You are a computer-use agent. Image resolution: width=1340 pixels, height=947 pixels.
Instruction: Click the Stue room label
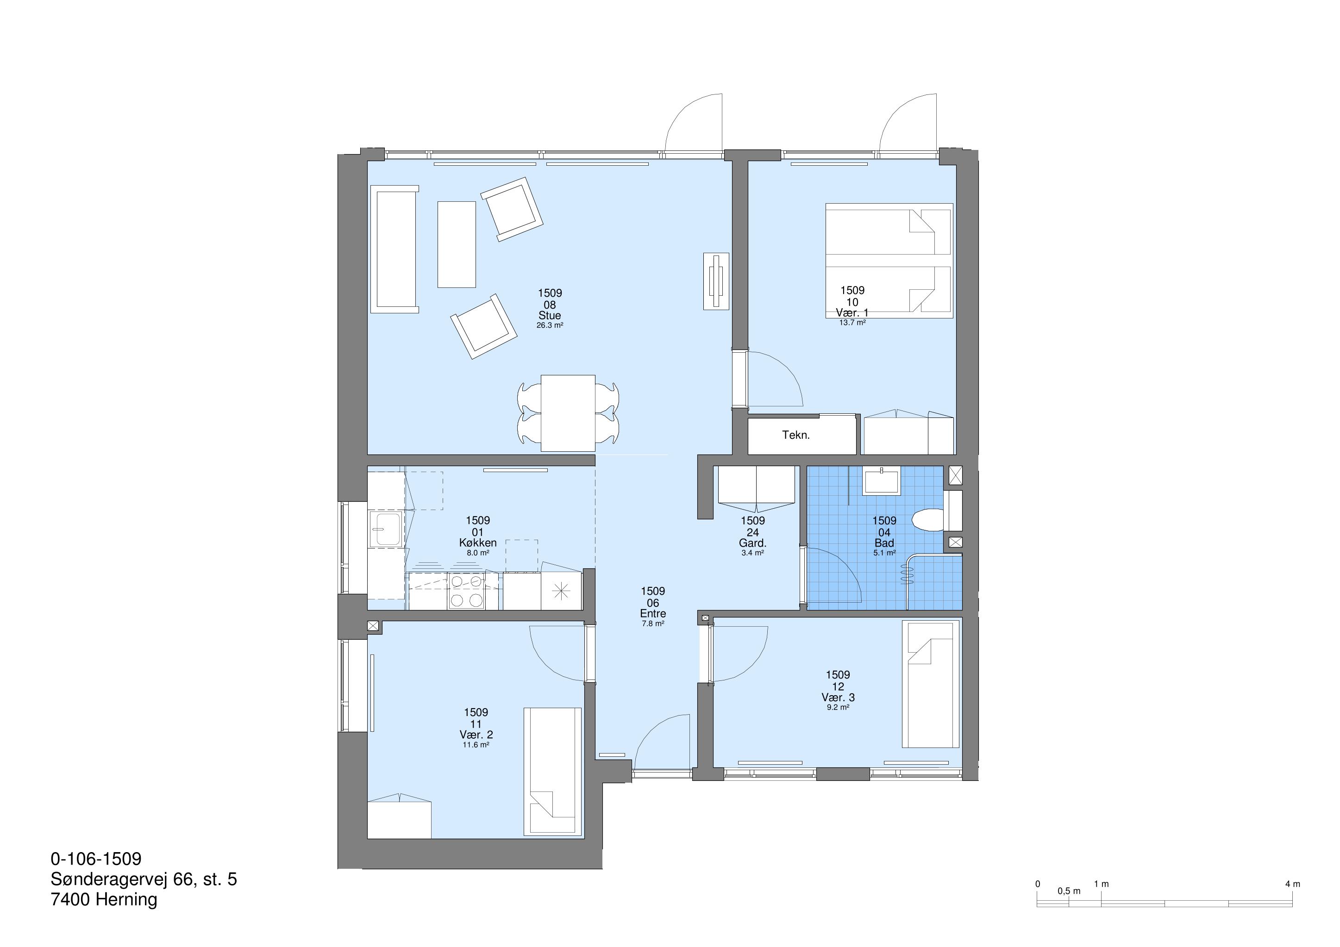[550, 316]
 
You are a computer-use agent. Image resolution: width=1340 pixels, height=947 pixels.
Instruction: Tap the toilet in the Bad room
[928, 520]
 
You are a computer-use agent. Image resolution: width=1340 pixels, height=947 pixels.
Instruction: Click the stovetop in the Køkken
[467, 591]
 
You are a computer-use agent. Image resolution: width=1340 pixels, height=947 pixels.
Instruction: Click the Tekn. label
[796, 435]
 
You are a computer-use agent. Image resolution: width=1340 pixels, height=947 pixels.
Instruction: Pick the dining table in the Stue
[568, 413]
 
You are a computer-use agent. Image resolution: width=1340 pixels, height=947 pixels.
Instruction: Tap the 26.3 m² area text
[550, 325]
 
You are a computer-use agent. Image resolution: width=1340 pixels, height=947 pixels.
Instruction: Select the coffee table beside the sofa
[457, 244]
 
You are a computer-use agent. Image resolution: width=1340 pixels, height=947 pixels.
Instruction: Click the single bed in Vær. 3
[931, 684]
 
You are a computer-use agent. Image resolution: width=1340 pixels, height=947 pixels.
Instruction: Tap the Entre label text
[652, 614]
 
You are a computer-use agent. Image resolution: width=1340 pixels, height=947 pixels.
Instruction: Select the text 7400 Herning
[104, 900]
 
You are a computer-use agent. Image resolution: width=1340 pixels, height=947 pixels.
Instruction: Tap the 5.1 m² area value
[884, 553]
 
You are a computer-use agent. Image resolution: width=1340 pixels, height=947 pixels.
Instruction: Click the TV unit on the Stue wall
[716, 281]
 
